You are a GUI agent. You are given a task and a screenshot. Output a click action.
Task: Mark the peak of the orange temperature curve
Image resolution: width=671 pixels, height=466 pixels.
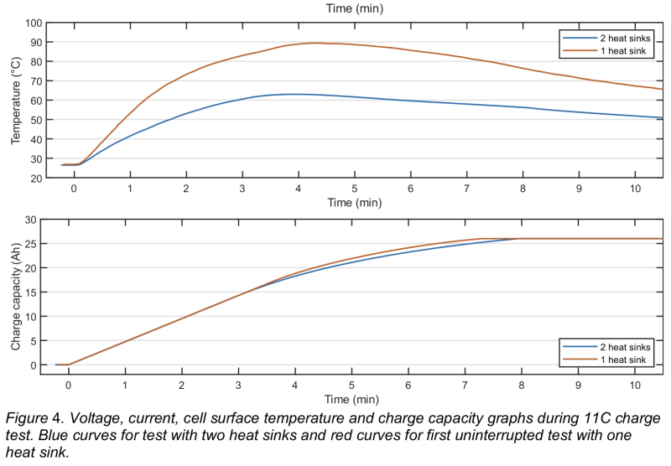coord(317,43)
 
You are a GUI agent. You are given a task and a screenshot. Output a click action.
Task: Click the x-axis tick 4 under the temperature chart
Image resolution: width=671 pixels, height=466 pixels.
coord(298,189)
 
